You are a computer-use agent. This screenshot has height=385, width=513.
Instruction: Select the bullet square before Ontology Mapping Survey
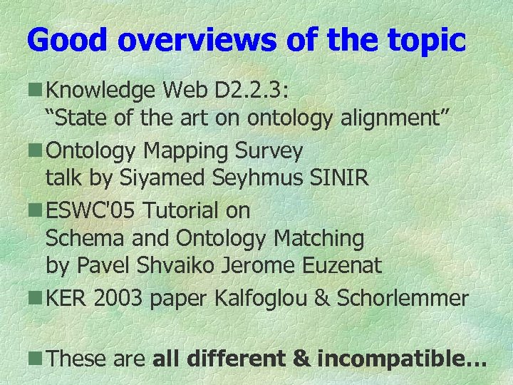[35, 150]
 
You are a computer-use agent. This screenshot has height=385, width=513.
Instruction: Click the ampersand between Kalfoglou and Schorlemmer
[323, 298]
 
